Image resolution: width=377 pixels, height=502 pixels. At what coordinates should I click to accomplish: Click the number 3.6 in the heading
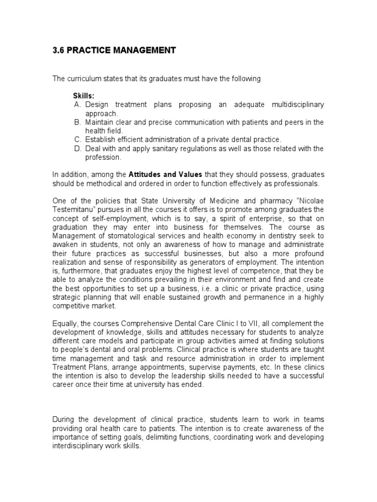click(58, 50)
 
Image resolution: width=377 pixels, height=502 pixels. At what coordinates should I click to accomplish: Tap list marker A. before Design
click(77, 105)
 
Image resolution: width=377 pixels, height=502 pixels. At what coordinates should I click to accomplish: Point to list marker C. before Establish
click(77, 140)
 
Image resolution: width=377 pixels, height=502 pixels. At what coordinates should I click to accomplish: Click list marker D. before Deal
click(77, 149)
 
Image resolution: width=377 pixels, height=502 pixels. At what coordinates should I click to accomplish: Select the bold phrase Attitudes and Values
click(165, 175)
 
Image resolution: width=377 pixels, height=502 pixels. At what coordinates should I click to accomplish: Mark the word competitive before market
click(71, 306)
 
